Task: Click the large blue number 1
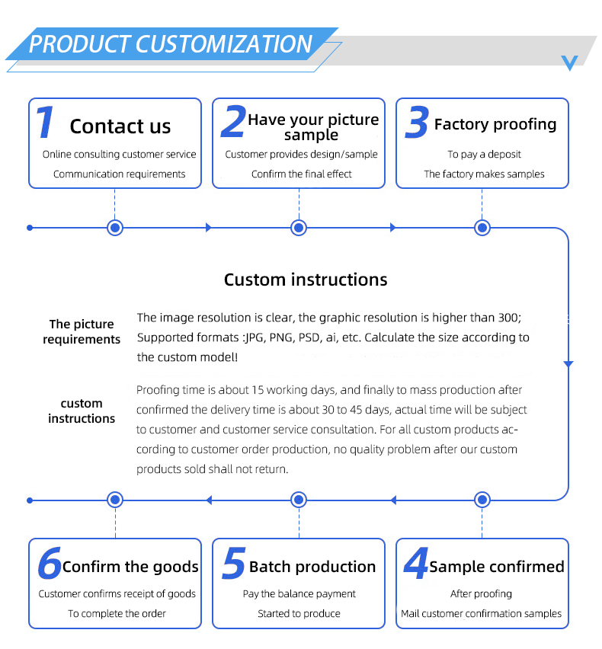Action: pyautogui.click(x=45, y=122)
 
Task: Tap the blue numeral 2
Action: pyautogui.click(x=233, y=121)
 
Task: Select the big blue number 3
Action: pyautogui.click(x=417, y=122)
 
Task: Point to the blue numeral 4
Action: pyautogui.click(x=416, y=563)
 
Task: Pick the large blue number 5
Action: pyautogui.click(x=233, y=563)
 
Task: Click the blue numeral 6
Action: pyautogui.click(x=50, y=563)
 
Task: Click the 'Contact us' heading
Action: pyautogui.click(x=120, y=126)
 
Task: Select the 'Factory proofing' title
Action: pyautogui.click(x=495, y=124)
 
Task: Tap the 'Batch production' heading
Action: pyautogui.click(x=312, y=567)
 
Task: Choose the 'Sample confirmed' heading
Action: pyautogui.click(x=497, y=567)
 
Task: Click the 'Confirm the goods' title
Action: pyautogui.click(x=130, y=567)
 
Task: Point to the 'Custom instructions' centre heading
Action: pyautogui.click(x=306, y=280)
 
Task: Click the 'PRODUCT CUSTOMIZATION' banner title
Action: pyautogui.click(x=171, y=44)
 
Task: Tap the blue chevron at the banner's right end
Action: pyautogui.click(x=570, y=63)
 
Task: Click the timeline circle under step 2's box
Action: pyautogui.click(x=299, y=228)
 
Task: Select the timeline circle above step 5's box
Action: pyautogui.click(x=299, y=500)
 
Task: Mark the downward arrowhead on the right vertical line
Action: pyautogui.click(x=568, y=364)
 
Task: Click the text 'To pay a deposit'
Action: pyautogui.click(x=484, y=155)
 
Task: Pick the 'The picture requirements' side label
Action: pyautogui.click(x=82, y=331)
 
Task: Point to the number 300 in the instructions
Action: pyautogui.click(x=508, y=318)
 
